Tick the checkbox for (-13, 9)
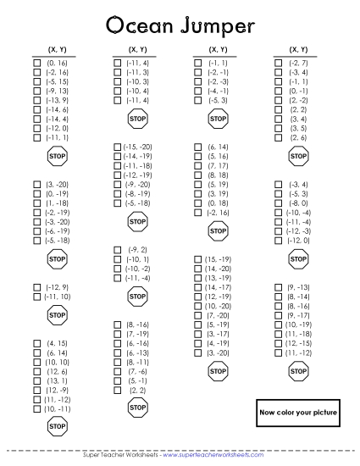tap(36, 100)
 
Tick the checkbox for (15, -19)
tap(198, 259)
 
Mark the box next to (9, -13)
tap(278, 287)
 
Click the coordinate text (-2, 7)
tap(298, 63)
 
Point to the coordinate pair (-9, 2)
tap(136, 249)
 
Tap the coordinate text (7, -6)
tap(137, 371)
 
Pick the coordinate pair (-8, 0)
tap(298, 203)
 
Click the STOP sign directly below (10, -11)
tap(57, 426)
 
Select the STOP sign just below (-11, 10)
tap(57, 316)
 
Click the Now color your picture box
tap(297, 412)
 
